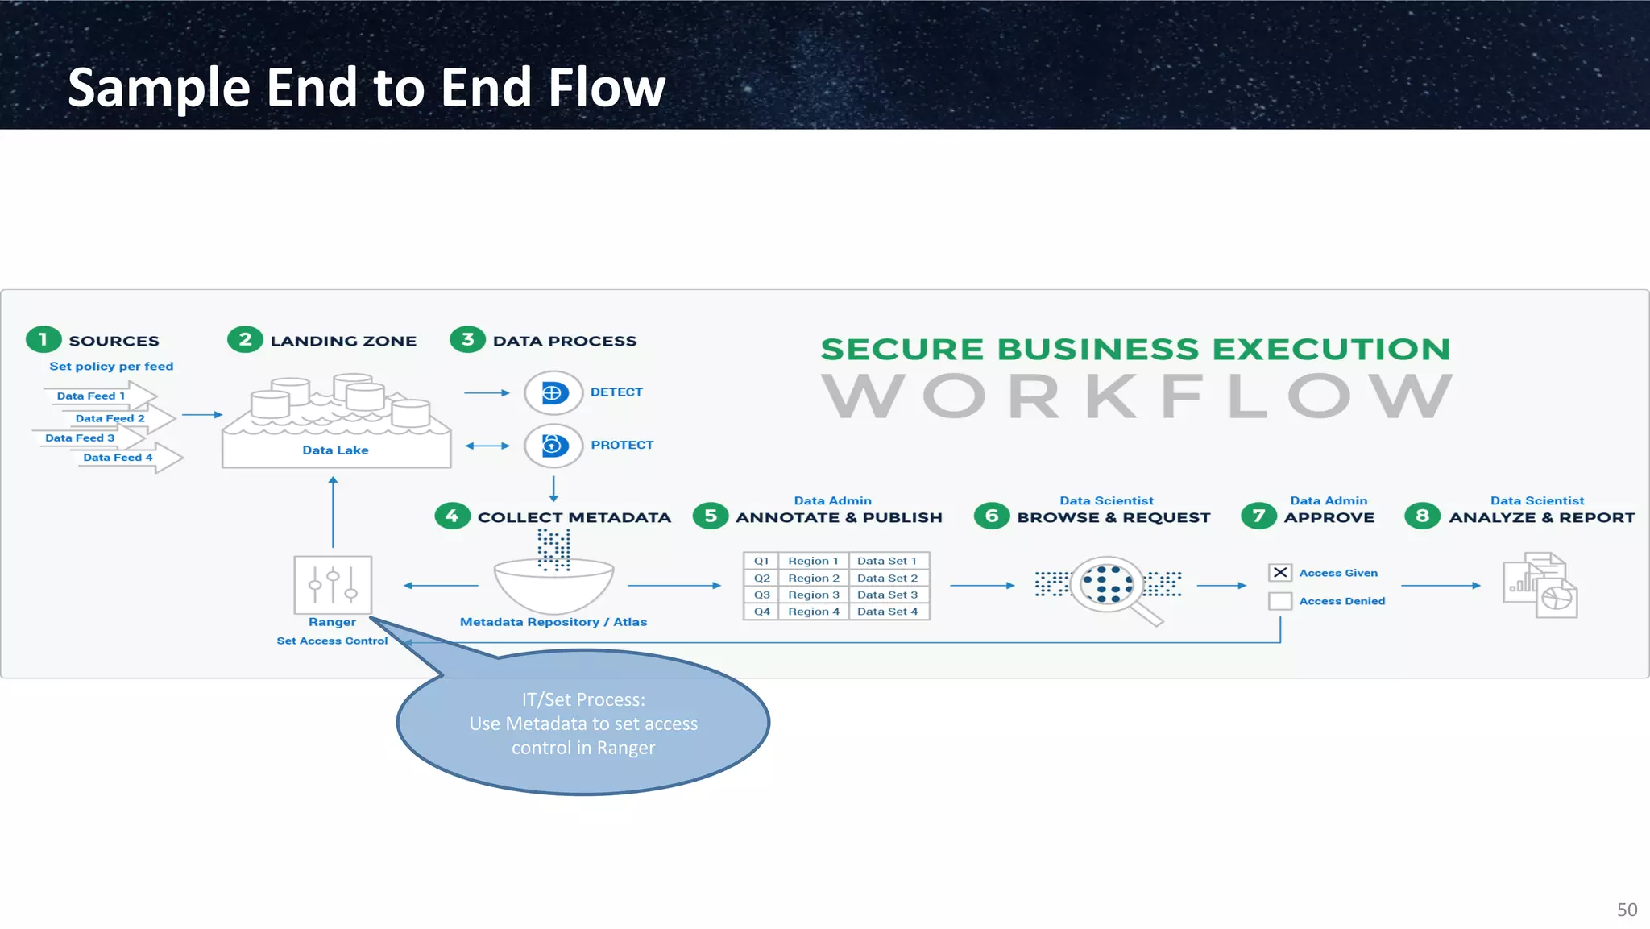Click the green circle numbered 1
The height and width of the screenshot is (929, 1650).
(x=44, y=339)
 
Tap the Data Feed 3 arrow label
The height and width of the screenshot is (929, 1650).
(x=80, y=438)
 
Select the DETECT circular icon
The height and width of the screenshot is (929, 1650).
(x=553, y=392)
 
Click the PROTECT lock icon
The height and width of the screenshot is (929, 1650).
(x=553, y=445)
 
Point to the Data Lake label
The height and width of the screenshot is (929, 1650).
(x=335, y=450)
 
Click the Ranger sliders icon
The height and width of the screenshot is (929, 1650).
(x=333, y=584)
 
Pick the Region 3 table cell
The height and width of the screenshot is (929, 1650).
(x=813, y=595)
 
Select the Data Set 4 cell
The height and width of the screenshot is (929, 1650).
(x=887, y=612)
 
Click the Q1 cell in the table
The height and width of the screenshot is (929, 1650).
(x=761, y=561)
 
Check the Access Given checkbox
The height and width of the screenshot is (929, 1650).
(x=1279, y=573)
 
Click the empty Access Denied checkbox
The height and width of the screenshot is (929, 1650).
(x=1279, y=601)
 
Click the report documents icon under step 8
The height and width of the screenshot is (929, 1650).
(x=1540, y=585)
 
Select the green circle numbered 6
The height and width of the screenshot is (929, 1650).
(x=991, y=516)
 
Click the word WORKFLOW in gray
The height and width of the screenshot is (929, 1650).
(x=1136, y=396)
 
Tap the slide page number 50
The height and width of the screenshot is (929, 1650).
(x=1627, y=910)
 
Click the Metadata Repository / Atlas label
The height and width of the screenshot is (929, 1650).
(x=553, y=622)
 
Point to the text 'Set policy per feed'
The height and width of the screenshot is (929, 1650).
(x=111, y=366)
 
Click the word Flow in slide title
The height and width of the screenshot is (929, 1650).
(x=606, y=87)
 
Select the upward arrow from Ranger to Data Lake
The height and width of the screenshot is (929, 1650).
(x=333, y=512)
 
